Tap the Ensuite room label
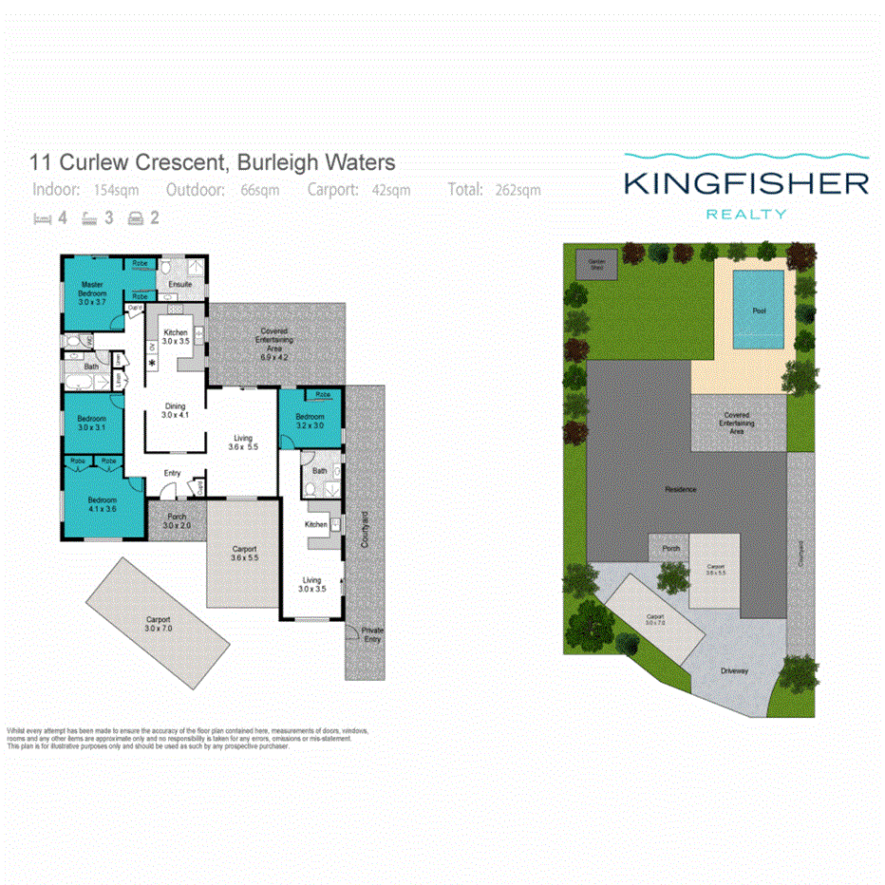(180, 284)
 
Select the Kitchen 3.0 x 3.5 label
(176, 335)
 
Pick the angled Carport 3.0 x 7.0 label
(159, 624)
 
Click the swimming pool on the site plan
(759, 310)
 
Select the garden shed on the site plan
(596, 263)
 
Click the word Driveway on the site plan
(734, 671)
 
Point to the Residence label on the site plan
(680, 489)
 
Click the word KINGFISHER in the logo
(746, 183)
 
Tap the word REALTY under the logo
(746, 215)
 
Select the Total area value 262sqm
(518, 190)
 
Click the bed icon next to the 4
(41, 218)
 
